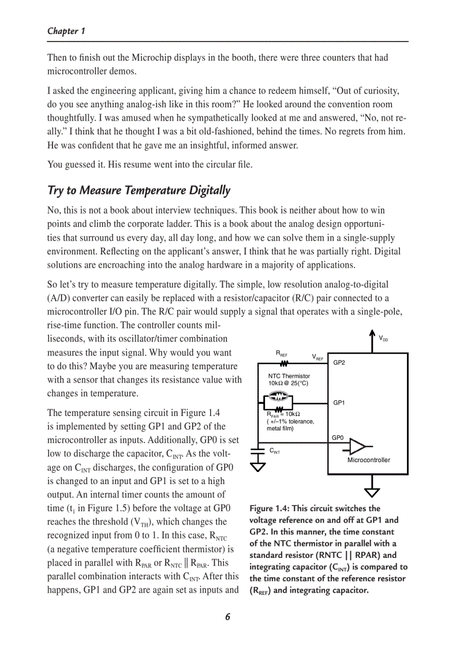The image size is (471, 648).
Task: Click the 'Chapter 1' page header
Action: (66, 31)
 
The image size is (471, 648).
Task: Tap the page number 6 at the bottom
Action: (227, 616)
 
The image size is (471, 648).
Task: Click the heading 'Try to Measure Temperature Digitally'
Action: (139, 190)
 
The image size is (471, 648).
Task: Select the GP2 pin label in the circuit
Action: (339, 362)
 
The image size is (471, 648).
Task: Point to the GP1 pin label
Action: (339, 402)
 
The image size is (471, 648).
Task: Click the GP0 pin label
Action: (338, 438)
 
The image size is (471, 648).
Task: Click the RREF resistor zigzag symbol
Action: (284, 364)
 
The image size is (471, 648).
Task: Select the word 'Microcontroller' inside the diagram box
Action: (368, 460)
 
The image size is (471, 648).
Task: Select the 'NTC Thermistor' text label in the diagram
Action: (289, 376)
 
